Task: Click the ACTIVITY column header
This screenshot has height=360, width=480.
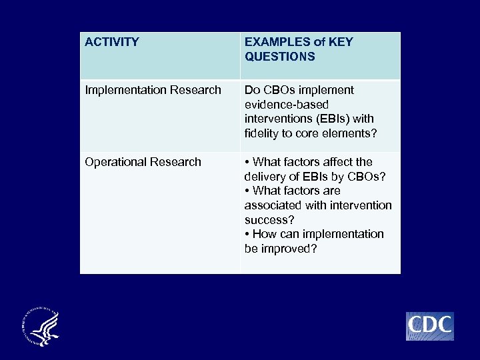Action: (112, 42)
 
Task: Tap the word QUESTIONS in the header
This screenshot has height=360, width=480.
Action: (279, 57)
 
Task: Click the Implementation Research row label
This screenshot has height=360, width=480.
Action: (153, 90)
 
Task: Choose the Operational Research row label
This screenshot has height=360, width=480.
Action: (143, 162)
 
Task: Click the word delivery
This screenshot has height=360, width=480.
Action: (265, 176)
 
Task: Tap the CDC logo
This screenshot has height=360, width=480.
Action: (430, 326)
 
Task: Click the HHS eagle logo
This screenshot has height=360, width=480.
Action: (41, 327)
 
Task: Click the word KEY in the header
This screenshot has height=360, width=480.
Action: (341, 42)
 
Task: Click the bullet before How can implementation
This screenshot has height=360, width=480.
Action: (247, 234)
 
